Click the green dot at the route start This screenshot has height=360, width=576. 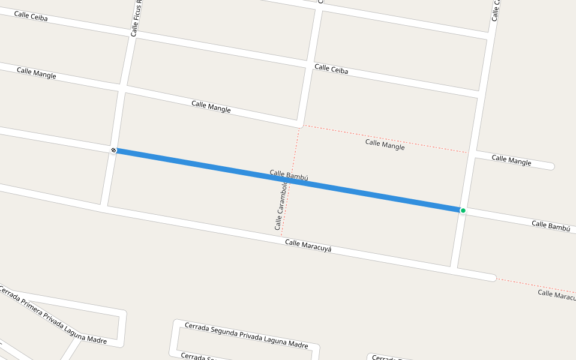pyautogui.click(x=463, y=211)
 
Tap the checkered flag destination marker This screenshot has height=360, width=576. pyautogui.click(x=113, y=149)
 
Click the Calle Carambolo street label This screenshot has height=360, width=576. pyautogui.click(x=280, y=206)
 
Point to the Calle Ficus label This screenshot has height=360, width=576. pyautogui.click(x=135, y=18)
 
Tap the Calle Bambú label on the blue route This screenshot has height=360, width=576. pyautogui.click(x=289, y=175)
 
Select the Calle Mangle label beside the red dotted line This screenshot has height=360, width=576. pyautogui.click(x=385, y=145)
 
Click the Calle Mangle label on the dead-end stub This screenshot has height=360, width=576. pyautogui.click(x=511, y=160)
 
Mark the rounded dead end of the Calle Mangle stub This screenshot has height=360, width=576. pyautogui.click(x=551, y=166)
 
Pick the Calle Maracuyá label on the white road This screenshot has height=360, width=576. pyautogui.click(x=308, y=245)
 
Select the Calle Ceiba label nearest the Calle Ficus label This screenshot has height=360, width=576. pyautogui.click(x=30, y=16)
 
